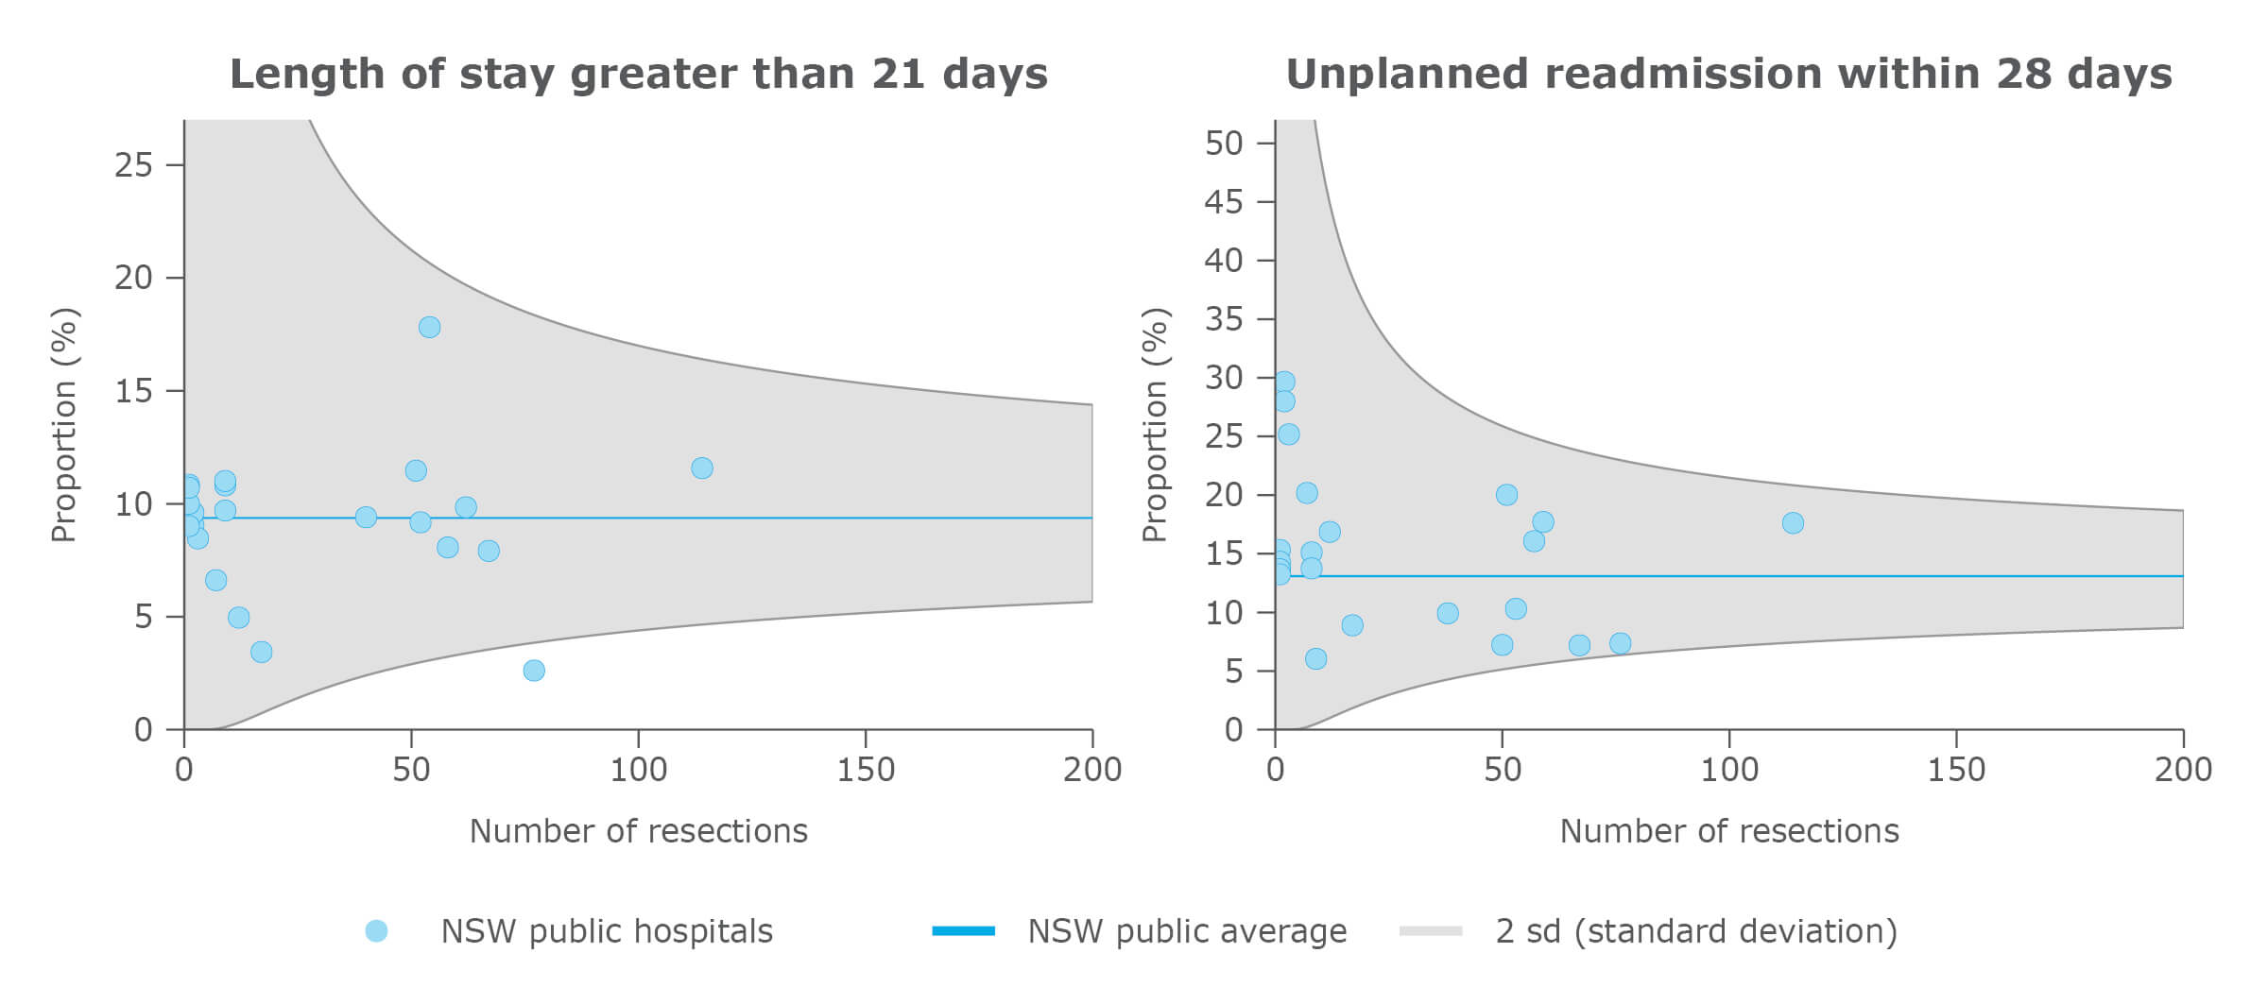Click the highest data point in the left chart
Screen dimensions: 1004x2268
[x=429, y=328]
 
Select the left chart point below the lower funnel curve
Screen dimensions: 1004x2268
[x=534, y=671]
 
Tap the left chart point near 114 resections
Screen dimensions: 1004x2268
[x=701, y=468]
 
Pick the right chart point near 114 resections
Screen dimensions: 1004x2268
[x=1793, y=523]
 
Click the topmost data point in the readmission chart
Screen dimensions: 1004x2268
[x=1283, y=383]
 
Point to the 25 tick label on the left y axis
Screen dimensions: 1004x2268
[x=133, y=165]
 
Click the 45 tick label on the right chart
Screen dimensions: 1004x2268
[x=1224, y=202]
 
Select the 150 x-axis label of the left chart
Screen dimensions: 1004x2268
[x=866, y=771]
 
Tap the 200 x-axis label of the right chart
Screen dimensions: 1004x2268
[x=2183, y=771]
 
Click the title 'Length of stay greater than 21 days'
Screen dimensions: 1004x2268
[x=639, y=75]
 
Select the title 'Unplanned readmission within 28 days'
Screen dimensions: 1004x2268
[x=1728, y=75]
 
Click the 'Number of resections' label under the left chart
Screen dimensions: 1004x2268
[x=639, y=831]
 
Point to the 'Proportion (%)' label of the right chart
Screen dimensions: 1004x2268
[x=1155, y=425]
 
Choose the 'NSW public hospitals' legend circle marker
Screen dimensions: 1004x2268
[x=376, y=931]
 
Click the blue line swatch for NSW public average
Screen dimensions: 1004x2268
[x=963, y=931]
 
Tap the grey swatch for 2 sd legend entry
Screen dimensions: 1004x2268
[x=1431, y=931]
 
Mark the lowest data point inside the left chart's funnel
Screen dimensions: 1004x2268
[x=262, y=652]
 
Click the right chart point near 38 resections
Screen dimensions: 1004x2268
[x=1448, y=614]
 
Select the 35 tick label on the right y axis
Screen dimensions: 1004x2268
[x=1224, y=319]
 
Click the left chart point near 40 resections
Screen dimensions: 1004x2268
[x=366, y=518]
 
